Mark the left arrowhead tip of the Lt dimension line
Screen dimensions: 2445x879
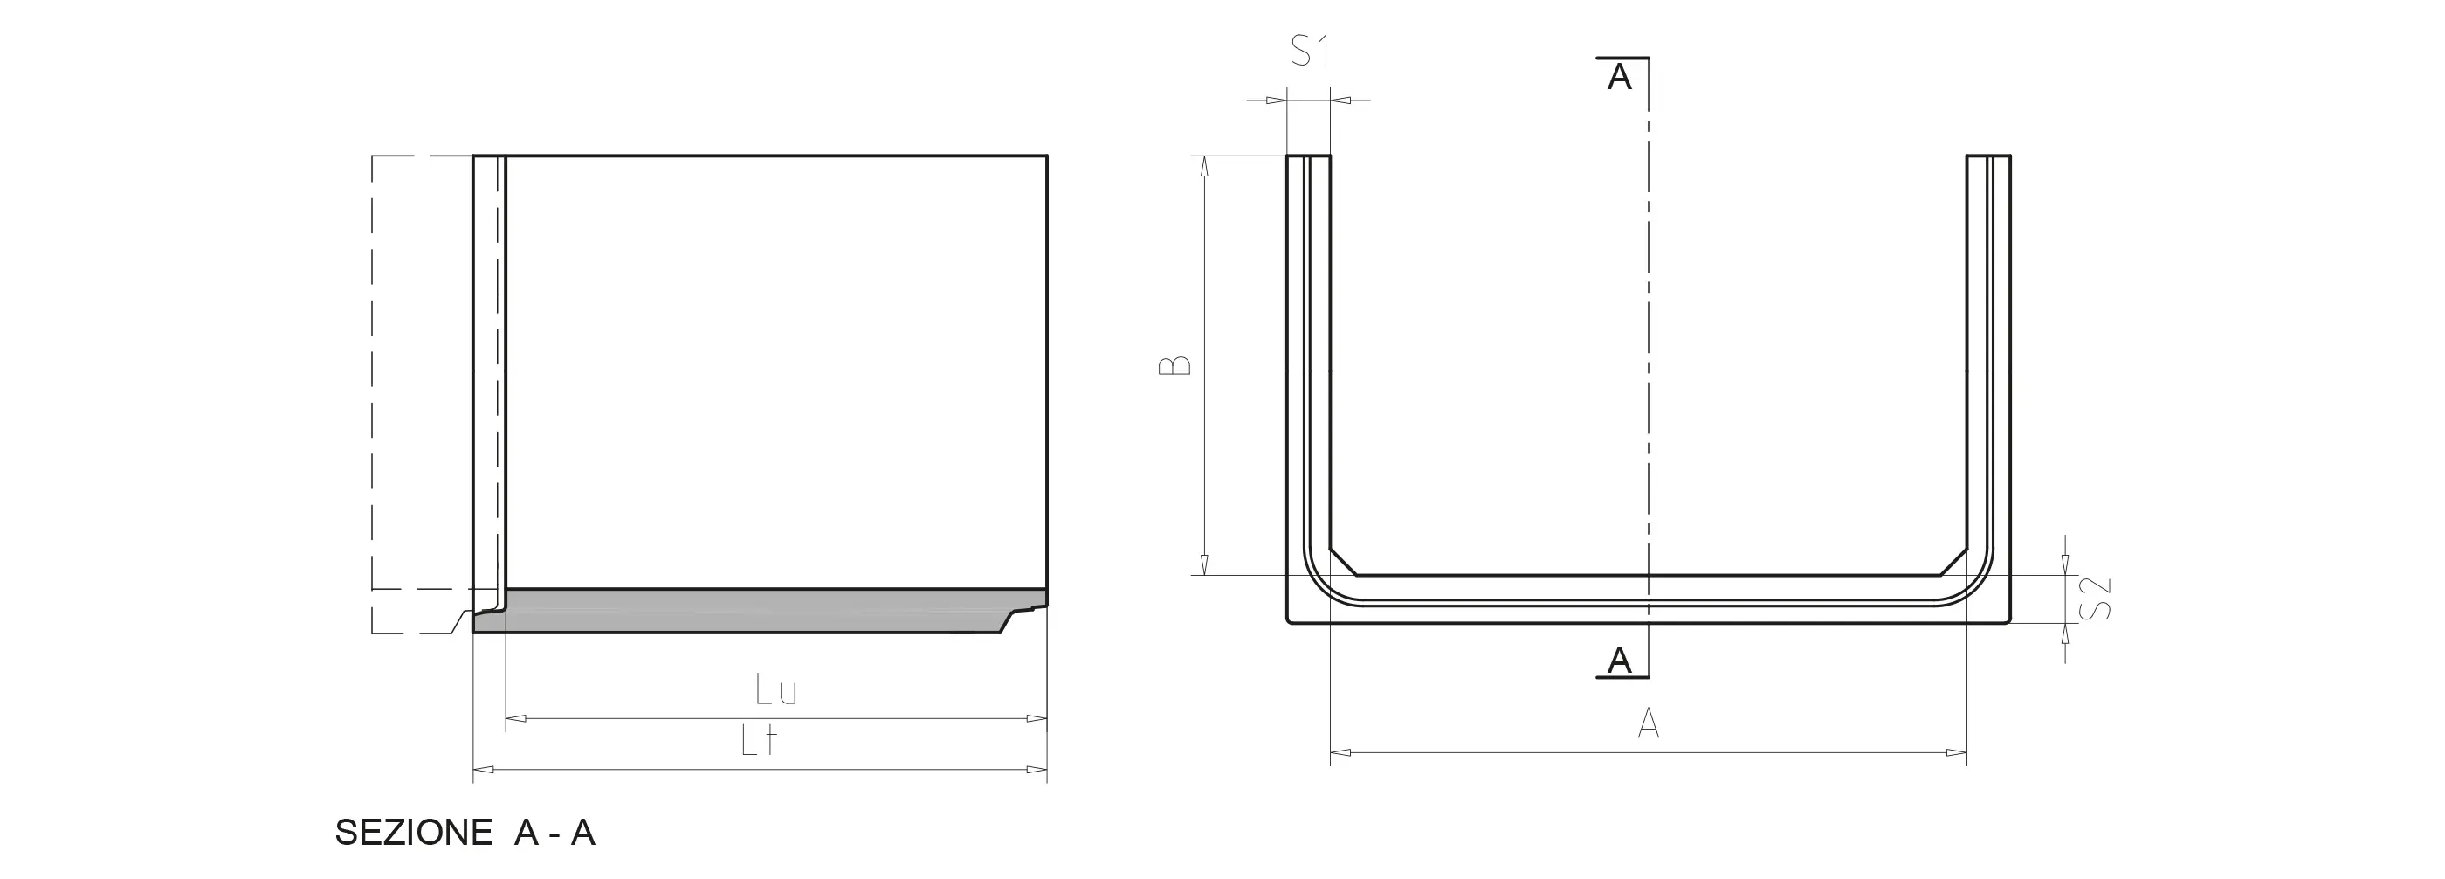(x=473, y=769)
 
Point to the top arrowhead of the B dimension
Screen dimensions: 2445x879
(x=1204, y=156)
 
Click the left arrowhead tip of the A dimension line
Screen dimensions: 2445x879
(x=1331, y=753)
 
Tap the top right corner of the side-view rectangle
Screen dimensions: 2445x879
(x=1047, y=156)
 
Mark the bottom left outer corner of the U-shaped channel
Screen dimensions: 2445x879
(x=1288, y=622)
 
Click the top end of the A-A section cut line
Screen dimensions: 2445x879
(x=1649, y=58)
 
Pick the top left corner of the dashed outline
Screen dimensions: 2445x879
(x=372, y=156)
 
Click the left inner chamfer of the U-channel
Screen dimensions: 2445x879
(x=1344, y=561)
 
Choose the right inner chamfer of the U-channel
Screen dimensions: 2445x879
(x=1953, y=561)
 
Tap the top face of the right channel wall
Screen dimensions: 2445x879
(x=1988, y=156)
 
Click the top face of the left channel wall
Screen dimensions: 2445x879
(x=1309, y=156)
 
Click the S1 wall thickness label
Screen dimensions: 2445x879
(x=1311, y=51)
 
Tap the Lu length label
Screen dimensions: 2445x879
(x=776, y=690)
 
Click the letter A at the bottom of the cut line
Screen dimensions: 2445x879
(x=1619, y=660)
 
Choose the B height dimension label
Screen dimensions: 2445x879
(x=1175, y=366)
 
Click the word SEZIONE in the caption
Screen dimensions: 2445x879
(x=414, y=833)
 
